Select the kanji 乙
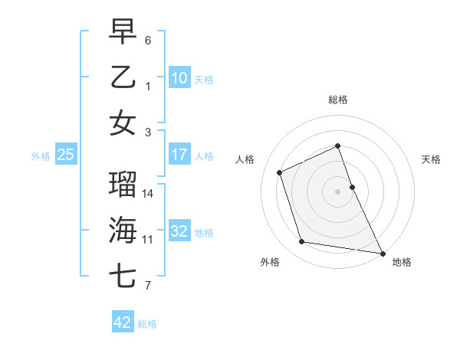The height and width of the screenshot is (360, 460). click(123, 77)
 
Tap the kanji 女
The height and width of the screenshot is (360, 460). click(123, 123)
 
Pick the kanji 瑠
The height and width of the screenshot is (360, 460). click(123, 184)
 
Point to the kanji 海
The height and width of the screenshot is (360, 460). click(123, 230)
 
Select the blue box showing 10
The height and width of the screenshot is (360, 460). click(179, 78)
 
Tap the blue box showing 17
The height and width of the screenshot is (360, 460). click(179, 155)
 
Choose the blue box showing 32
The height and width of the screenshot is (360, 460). click(179, 231)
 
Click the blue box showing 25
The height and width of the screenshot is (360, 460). click(66, 155)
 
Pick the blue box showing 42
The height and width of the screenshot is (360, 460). click(123, 322)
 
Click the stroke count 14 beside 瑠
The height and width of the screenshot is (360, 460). click(149, 194)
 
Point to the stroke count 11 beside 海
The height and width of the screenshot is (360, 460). click(148, 240)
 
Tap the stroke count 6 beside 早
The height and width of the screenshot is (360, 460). click(148, 40)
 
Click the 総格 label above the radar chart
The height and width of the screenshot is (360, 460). click(338, 100)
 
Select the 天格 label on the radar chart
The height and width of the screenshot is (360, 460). click(432, 159)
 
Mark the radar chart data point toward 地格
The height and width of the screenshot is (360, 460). click(381, 252)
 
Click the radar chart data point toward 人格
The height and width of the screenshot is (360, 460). click(280, 172)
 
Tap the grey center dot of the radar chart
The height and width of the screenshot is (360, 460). click(338, 191)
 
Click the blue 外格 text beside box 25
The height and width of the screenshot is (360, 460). click(41, 155)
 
